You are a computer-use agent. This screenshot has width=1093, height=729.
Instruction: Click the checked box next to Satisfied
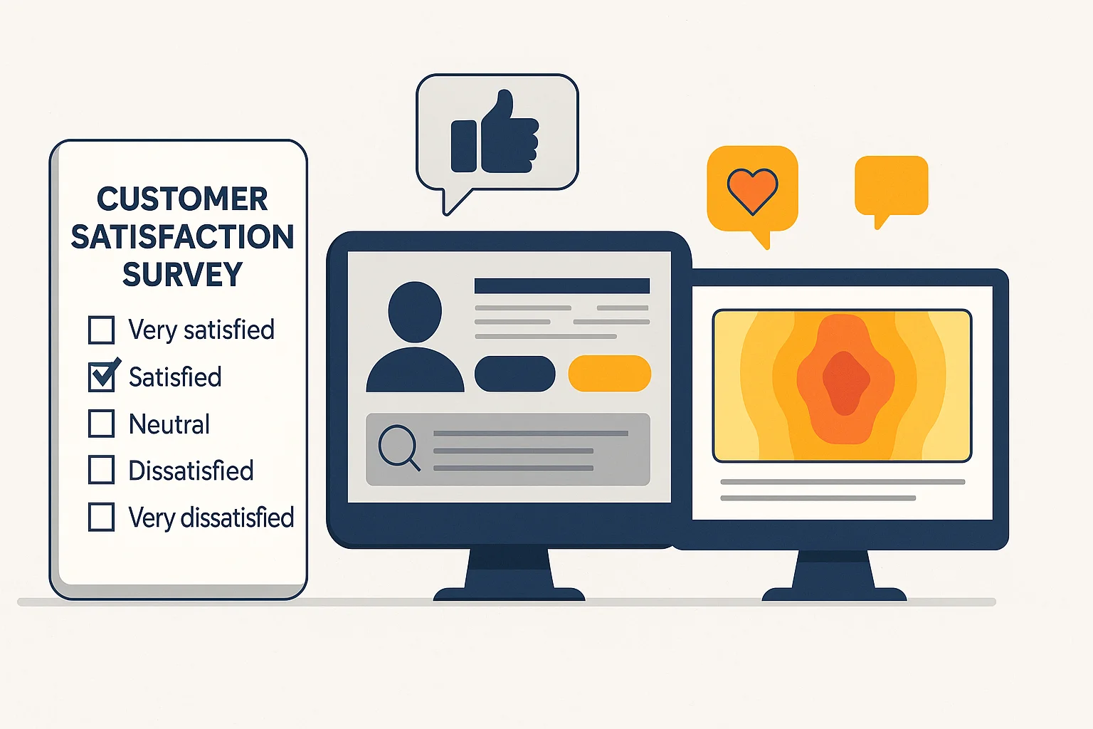click(102, 377)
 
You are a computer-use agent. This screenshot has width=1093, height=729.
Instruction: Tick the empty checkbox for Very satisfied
click(101, 330)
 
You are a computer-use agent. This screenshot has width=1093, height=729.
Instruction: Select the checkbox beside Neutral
click(101, 424)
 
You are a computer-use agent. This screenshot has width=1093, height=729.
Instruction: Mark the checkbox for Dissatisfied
click(101, 471)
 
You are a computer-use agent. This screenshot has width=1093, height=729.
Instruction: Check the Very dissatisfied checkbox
click(101, 518)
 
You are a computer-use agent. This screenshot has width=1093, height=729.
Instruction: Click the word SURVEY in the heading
click(183, 275)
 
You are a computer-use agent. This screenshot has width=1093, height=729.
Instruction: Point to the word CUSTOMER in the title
click(182, 199)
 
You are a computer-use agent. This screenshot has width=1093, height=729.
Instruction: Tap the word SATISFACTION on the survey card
click(182, 237)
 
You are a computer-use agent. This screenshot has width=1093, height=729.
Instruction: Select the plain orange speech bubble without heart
click(891, 185)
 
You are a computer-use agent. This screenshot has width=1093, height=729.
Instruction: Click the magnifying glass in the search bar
click(397, 446)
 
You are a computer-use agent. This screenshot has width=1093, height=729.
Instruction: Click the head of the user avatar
click(415, 311)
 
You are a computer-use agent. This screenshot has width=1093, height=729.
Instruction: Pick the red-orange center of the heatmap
click(845, 382)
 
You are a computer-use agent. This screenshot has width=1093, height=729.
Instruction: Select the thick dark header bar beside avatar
click(561, 286)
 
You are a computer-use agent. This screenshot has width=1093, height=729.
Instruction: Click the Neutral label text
click(169, 424)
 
